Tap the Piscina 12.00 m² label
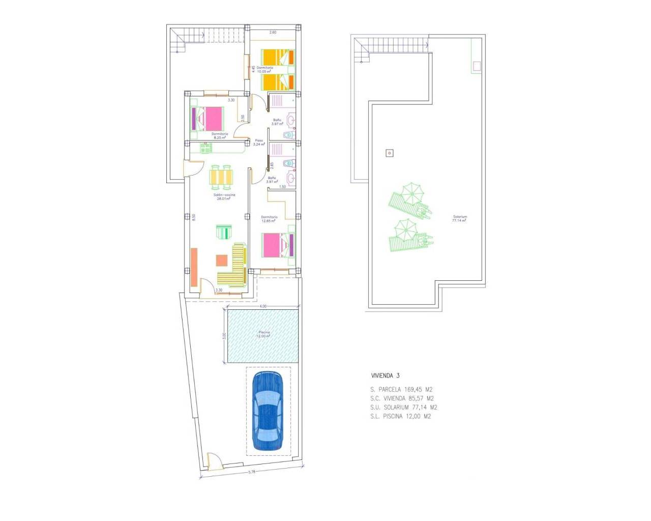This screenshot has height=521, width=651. (x=264, y=334)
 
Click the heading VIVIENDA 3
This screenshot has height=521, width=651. (x=385, y=375)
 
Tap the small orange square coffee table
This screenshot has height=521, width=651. (x=222, y=260)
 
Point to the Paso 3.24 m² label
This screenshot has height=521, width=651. (x=259, y=142)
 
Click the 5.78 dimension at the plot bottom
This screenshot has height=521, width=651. (x=251, y=472)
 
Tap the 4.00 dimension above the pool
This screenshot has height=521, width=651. (x=262, y=306)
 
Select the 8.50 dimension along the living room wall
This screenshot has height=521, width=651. (x=193, y=217)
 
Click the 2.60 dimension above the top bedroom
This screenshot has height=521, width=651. (x=273, y=33)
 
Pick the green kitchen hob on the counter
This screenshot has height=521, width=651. (x=205, y=148)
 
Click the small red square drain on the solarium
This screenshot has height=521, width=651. (x=390, y=153)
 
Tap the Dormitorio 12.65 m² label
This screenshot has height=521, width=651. (x=269, y=219)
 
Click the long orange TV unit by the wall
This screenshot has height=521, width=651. (x=194, y=268)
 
